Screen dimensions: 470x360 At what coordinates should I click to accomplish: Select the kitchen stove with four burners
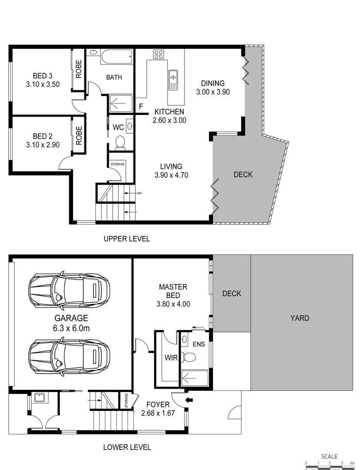click(158, 54)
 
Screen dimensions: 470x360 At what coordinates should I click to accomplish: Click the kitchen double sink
click(173, 79)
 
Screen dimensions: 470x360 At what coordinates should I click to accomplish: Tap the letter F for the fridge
click(141, 106)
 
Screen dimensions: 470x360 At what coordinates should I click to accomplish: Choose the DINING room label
click(212, 83)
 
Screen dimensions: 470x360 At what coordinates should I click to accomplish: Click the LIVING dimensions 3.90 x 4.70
click(171, 175)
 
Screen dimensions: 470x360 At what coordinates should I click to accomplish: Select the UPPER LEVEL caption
click(126, 239)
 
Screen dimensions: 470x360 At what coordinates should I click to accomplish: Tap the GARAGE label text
click(71, 318)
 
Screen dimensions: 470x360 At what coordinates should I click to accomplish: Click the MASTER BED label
click(173, 292)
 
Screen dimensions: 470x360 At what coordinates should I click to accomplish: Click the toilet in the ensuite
click(189, 357)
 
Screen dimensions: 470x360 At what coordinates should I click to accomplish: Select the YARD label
click(300, 318)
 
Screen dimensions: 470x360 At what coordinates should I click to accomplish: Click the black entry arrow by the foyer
click(189, 399)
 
